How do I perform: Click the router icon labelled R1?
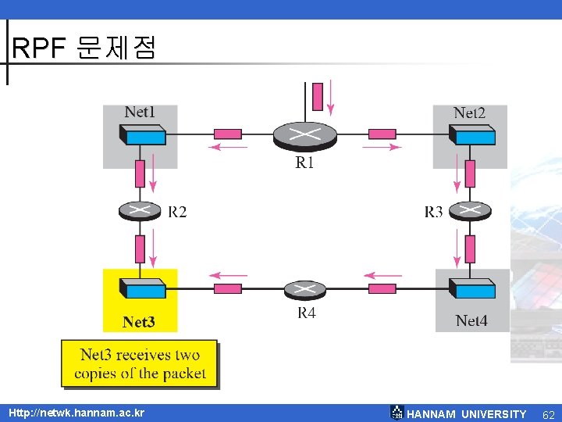pyautogui.click(x=305, y=134)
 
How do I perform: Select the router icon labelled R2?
pyautogui.click(x=140, y=210)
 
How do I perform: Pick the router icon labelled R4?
pyautogui.click(x=305, y=289)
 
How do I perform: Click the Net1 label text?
pyautogui.click(x=140, y=112)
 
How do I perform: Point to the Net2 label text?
pyautogui.click(x=469, y=113)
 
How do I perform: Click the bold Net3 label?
pyautogui.click(x=139, y=321)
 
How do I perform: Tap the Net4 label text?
pyautogui.click(x=471, y=320)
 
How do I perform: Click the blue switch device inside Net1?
pyautogui.click(x=142, y=137)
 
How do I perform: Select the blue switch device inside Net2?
pyautogui.click(x=472, y=137)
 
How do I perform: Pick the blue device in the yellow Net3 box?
pyautogui.click(x=142, y=289)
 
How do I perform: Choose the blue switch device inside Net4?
pyautogui.click(x=472, y=289)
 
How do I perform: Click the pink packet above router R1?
pyautogui.click(x=318, y=97)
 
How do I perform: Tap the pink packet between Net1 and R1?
pyautogui.click(x=227, y=134)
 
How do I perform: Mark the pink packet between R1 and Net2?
pyautogui.click(x=382, y=134)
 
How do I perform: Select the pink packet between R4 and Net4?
pyautogui.click(x=382, y=288)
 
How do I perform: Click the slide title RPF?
pyautogui.click(x=41, y=49)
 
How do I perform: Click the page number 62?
pyautogui.click(x=549, y=414)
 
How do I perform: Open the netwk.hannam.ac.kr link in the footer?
pyautogui.click(x=76, y=413)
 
